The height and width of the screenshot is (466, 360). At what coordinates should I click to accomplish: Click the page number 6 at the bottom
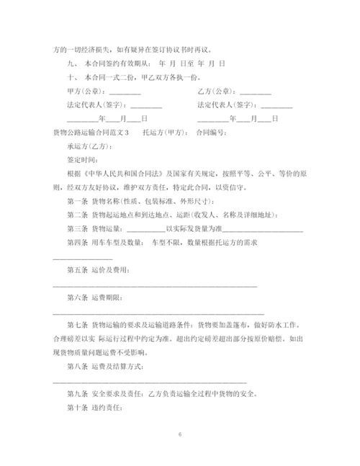pyautogui.click(x=180, y=435)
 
